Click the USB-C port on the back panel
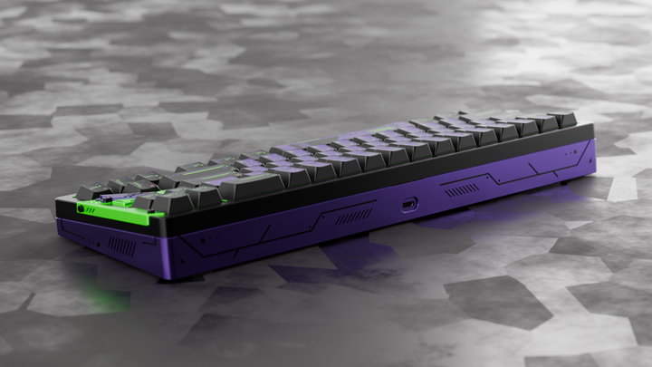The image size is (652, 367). coord(409,204)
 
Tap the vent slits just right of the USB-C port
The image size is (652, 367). coord(462,190)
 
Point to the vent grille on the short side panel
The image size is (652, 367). coord(120,246)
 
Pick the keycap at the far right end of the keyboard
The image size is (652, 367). coord(561,119)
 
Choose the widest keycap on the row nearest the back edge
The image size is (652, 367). coord(249,186)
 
